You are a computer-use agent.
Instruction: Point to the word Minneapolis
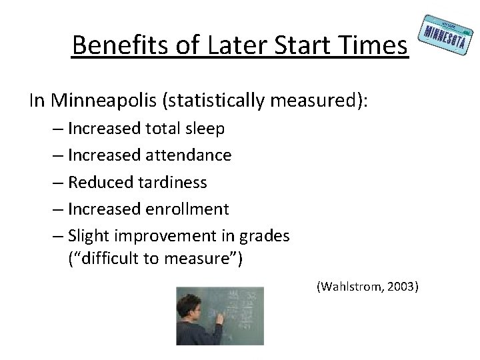(x=98, y=101)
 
